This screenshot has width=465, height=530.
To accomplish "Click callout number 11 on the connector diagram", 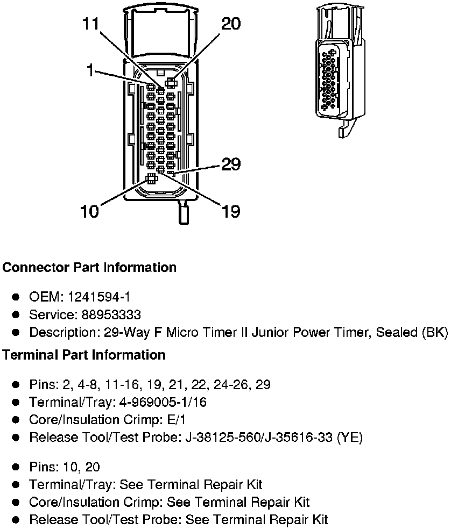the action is coord(91,24).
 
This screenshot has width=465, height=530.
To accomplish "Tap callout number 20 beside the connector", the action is coord(231,24).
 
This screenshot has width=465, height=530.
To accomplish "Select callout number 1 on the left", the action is coord(90,70).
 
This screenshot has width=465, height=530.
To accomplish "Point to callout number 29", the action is coord(231,164).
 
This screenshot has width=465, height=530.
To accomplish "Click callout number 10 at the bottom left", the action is coord(89,211).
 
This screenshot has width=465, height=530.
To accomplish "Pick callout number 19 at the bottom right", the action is coord(231,211).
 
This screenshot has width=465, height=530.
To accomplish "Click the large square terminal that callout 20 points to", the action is coord(171,82).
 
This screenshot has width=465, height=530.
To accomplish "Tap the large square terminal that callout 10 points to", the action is coord(151,178).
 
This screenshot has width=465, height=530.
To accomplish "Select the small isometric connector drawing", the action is coord(341,70).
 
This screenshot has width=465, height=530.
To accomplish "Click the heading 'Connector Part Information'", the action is coord(89,267).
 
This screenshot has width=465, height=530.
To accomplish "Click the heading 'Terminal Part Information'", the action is coord(84,355).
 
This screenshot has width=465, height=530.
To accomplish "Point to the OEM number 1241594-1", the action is coord(99,297).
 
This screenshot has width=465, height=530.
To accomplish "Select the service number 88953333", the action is coord(111,314).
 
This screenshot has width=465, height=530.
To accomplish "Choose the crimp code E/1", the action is coord(177,420).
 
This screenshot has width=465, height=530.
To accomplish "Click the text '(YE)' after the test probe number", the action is coord(350,438).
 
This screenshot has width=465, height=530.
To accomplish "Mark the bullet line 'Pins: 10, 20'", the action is coord(65,467).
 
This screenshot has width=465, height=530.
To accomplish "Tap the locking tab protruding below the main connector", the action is coord(184,212).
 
